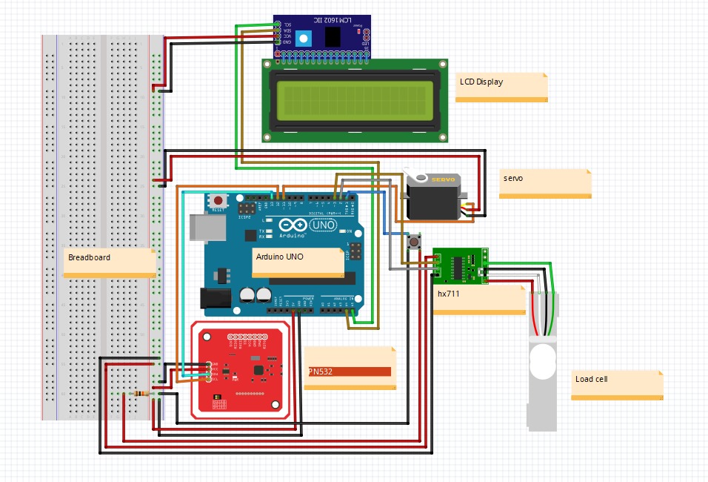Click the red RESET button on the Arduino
[218, 200]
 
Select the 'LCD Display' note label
[481, 82]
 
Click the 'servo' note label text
[513, 179]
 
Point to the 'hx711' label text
[448, 294]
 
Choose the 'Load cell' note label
[591, 379]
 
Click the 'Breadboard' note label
[89, 257]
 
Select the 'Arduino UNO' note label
[279, 257]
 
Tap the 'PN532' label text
[321, 372]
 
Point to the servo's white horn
[421, 178]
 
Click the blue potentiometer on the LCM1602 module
[302, 37]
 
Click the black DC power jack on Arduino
[216, 298]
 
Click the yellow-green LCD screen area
[355, 99]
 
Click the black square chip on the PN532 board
[257, 369]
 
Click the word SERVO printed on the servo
[444, 179]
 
